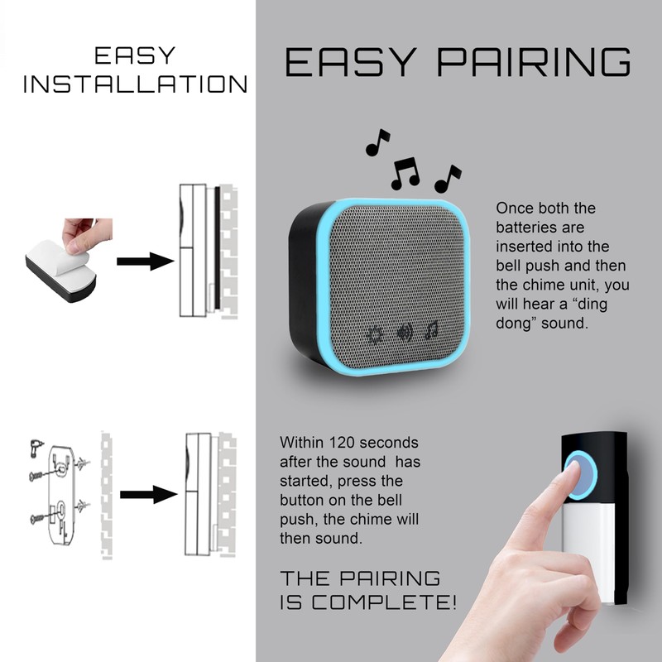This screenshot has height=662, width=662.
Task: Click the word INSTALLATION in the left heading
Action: pos(135,84)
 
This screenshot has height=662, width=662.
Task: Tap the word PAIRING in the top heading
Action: pos(540,63)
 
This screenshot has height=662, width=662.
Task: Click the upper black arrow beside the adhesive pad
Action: pos(144,261)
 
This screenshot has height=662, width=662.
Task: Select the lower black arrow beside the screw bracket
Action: pos(148,495)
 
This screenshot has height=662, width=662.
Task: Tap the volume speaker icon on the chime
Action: pos(404,333)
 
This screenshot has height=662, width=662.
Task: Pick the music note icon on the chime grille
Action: pos(431,331)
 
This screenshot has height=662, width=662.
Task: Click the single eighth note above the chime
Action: pos(377,142)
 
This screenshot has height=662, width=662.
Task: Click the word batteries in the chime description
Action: pos(523,227)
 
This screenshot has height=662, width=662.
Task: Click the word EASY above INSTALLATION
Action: pos(135,56)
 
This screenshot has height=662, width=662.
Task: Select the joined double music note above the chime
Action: pos(405,172)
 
